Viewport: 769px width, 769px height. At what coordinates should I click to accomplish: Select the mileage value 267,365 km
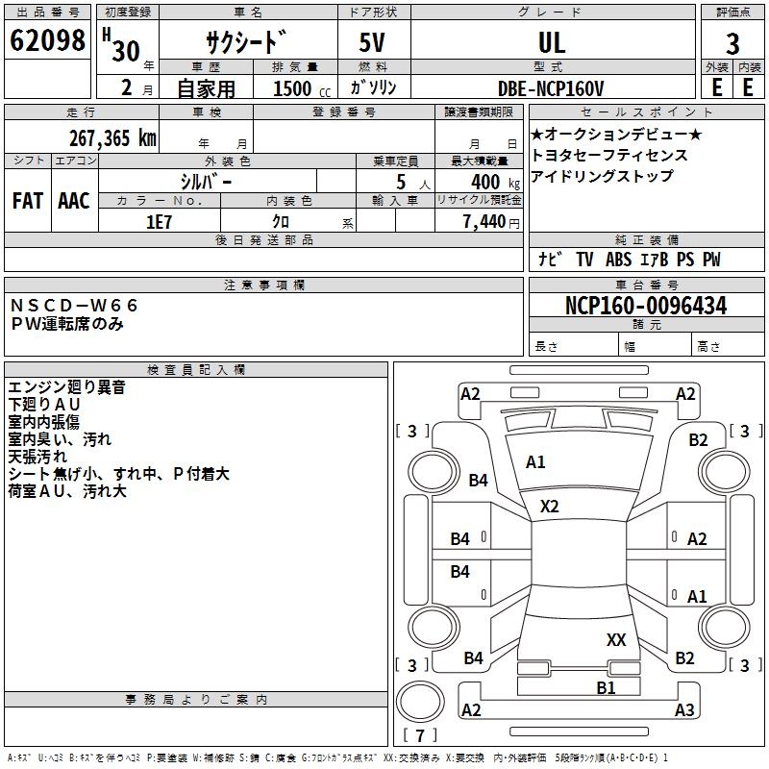(112, 137)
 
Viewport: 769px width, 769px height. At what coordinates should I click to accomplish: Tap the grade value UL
(552, 43)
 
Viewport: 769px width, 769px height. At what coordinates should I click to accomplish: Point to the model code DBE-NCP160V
(551, 88)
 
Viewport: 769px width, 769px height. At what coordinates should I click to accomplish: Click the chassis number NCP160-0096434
(646, 306)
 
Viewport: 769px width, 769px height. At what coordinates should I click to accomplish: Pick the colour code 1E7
(159, 221)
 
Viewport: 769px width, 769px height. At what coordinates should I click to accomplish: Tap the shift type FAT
(27, 200)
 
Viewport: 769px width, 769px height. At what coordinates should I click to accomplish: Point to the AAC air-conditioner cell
(74, 200)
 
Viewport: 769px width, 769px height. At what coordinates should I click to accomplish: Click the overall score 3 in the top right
(732, 43)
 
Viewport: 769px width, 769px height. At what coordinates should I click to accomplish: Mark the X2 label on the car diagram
(550, 506)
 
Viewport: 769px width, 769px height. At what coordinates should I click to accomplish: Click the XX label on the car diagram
(616, 639)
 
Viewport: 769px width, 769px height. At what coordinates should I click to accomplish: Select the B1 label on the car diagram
(606, 687)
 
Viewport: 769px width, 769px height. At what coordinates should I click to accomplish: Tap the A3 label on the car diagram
(684, 710)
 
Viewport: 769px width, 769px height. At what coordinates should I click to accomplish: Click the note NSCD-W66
(75, 306)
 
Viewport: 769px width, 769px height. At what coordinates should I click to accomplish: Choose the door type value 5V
(374, 43)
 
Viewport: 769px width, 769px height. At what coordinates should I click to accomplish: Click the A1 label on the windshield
(535, 462)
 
